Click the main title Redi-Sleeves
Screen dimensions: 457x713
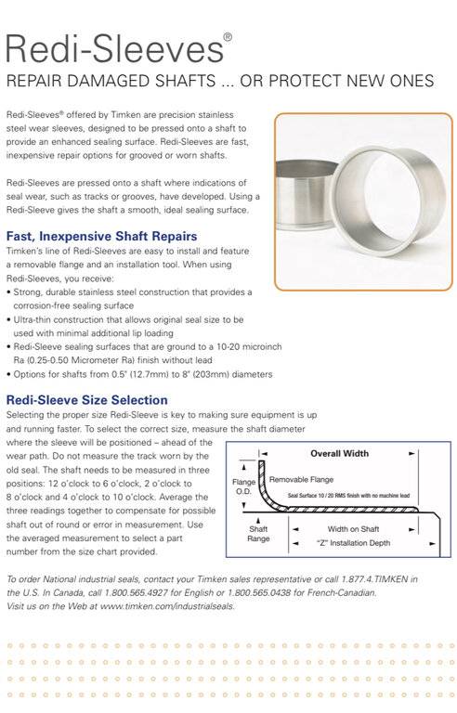pyautogui.click(x=114, y=48)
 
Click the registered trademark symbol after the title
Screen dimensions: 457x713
pyautogui.click(x=228, y=37)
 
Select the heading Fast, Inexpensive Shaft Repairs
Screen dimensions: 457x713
pyautogui.click(x=101, y=237)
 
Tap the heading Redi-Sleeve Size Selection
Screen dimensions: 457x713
pyautogui.click(x=87, y=400)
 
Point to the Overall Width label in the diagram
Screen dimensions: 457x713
pyautogui.click(x=340, y=453)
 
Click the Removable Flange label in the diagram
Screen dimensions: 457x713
pyautogui.click(x=301, y=479)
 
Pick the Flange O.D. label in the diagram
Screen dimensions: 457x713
pyautogui.click(x=243, y=486)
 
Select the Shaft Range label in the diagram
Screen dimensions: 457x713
pyautogui.click(x=258, y=534)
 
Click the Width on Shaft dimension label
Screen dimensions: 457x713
pyautogui.click(x=353, y=529)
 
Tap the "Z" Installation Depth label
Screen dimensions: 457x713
pyautogui.click(x=353, y=543)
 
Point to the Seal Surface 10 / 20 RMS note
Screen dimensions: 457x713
pyautogui.click(x=348, y=495)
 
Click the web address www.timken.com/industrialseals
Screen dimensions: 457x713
pyautogui.click(x=167, y=606)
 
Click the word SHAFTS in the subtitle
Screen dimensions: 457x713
pyautogui.click(x=185, y=81)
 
